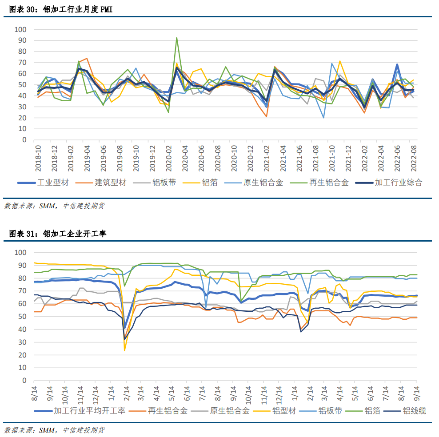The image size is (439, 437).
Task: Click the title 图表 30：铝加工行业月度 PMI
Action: (x=61, y=10)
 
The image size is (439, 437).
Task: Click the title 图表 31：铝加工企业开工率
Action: (x=57, y=234)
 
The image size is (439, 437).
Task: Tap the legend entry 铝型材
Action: (x=284, y=411)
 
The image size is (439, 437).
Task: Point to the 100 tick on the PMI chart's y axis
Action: (x=21, y=29)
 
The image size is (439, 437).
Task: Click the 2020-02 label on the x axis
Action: (x=169, y=158)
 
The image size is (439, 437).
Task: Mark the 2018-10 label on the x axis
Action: (x=38, y=158)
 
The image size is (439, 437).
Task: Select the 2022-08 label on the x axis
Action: (x=414, y=158)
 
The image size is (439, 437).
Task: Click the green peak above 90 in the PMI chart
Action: (x=177, y=38)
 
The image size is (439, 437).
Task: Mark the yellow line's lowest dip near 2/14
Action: (x=124, y=350)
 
